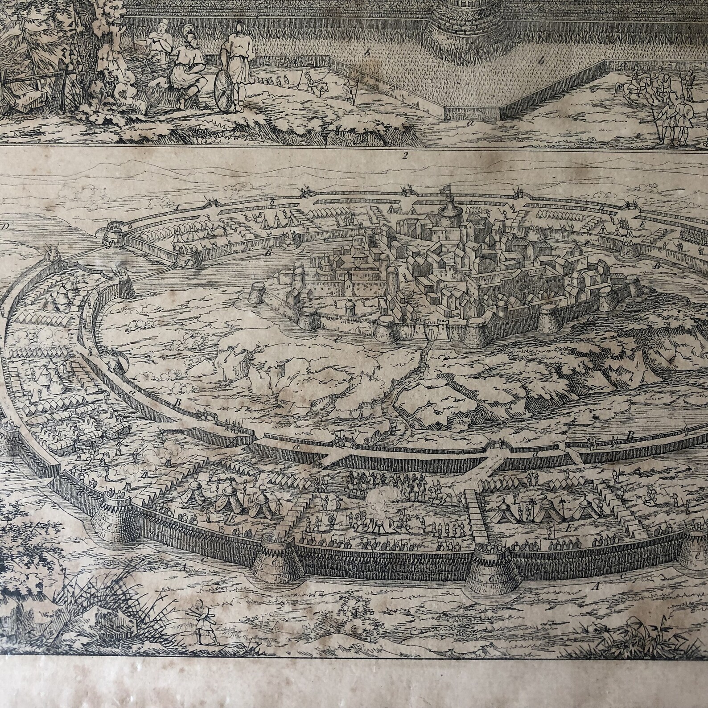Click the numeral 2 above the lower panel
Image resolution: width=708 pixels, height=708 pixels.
pyautogui.click(x=405, y=156)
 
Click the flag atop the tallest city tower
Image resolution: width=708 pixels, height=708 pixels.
pyautogui.click(x=451, y=190)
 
